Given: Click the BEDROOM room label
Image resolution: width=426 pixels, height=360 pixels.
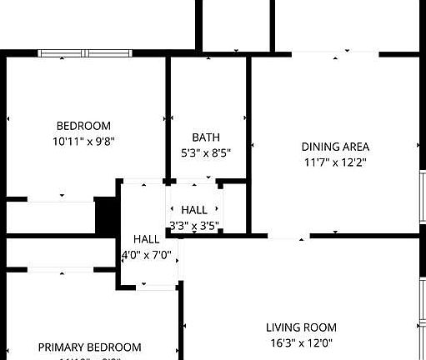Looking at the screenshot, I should (83, 126).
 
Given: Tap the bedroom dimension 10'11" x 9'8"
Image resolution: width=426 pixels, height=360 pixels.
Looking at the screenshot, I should (83, 141).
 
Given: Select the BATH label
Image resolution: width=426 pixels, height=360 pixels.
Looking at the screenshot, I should (205, 137).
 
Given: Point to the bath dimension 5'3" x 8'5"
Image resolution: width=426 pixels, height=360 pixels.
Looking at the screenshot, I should (205, 152).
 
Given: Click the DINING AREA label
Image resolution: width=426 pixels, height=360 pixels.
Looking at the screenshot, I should (335, 147).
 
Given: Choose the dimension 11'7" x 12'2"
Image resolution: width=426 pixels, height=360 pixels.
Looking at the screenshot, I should (335, 162).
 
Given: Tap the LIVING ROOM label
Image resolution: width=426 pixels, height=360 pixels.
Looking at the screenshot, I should (301, 327).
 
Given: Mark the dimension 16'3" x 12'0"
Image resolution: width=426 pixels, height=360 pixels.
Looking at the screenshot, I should (301, 342).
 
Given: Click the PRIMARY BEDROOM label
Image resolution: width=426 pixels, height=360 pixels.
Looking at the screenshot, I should (89, 347).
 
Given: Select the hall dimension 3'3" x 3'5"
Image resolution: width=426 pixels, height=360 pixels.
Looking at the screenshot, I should (193, 225).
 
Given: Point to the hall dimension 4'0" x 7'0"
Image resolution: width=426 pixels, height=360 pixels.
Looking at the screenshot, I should (147, 255).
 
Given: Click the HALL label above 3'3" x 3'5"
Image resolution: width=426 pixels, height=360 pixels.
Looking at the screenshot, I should (194, 211).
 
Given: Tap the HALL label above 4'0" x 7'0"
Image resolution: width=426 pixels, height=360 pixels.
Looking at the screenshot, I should (147, 240).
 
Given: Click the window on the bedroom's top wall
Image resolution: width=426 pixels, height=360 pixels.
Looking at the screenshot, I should (85, 54).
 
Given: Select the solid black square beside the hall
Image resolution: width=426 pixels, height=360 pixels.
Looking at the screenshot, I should (106, 216).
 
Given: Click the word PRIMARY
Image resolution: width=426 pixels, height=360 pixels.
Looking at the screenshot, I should (63, 347).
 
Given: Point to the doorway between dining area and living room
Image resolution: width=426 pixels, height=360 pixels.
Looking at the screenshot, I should (288, 237).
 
